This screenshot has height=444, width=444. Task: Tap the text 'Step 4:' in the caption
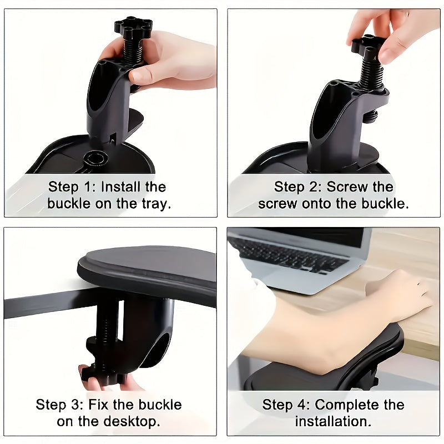286,404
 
